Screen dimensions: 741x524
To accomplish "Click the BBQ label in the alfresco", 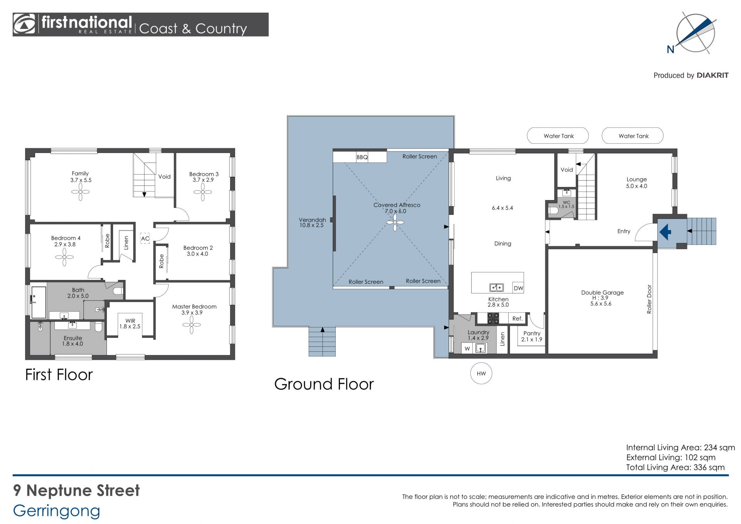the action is coord(362,157).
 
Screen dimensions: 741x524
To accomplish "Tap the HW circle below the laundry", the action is coord(481,373).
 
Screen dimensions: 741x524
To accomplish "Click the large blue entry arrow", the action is coord(665,232).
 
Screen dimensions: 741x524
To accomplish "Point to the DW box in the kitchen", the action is coord(518,288).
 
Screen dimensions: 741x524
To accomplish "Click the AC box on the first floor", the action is coord(145,238).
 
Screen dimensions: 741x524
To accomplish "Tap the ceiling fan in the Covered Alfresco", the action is coord(395,222).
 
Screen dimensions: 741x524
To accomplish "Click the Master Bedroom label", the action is coord(194,307).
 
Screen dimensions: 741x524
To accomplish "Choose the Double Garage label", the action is coord(602,293).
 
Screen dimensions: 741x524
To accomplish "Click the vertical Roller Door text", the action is coord(649,299).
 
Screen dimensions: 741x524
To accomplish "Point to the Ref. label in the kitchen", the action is coord(518,319).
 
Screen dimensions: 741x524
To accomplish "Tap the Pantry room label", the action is coord(532,333).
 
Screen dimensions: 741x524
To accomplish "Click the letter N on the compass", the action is coord(670,49).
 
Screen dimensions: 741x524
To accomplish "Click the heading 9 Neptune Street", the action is coord(76,490).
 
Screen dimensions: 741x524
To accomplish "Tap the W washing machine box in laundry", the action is coord(467,348).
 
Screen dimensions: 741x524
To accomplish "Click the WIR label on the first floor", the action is coord(130,321).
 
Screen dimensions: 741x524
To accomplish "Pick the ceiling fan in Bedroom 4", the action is coord(64,257).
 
